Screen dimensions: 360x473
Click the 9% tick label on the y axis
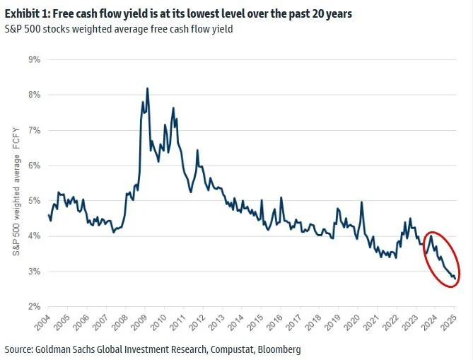click(x=33, y=59)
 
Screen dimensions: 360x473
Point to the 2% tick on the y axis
click(x=33, y=307)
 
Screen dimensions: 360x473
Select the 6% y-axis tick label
click(x=33, y=166)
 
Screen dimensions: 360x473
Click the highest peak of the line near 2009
click(x=147, y=88)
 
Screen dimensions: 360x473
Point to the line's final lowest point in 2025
click(x=454, y=279)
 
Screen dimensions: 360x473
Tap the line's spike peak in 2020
click(x=362, y=202)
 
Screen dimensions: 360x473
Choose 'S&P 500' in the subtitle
click(x=21, y=29)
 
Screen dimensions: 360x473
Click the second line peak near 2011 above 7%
click(x=173, y=108)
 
